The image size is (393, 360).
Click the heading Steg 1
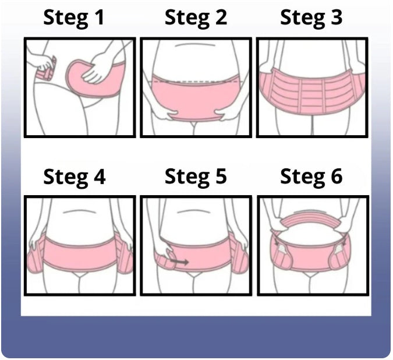(74, 18)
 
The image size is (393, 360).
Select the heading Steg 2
(196, 18)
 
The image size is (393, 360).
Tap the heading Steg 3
(311, 18)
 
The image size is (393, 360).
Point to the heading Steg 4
(75, 177)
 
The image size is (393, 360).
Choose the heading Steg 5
(196, 177)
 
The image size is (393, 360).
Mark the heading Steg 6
(311, 177)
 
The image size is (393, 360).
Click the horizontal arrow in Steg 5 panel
(179, 262)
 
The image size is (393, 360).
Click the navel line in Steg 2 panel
(195, 45)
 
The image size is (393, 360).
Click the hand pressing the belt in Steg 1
(97, 68)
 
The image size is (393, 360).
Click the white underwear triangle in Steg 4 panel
(80, 275)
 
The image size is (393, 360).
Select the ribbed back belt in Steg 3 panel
(311, 91)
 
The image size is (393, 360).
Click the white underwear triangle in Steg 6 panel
(311, 274)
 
